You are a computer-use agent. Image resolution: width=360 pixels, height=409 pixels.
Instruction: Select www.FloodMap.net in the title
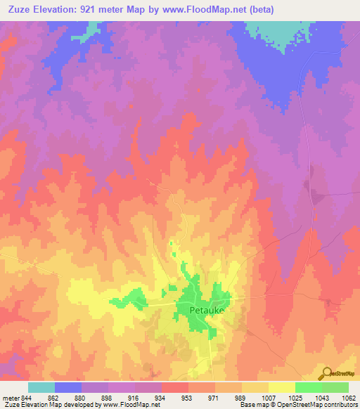tap(207, 10)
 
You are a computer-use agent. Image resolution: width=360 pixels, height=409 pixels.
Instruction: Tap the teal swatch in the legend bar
tap(41, 387)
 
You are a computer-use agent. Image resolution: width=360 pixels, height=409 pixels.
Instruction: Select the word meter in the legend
tap(12, 397)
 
